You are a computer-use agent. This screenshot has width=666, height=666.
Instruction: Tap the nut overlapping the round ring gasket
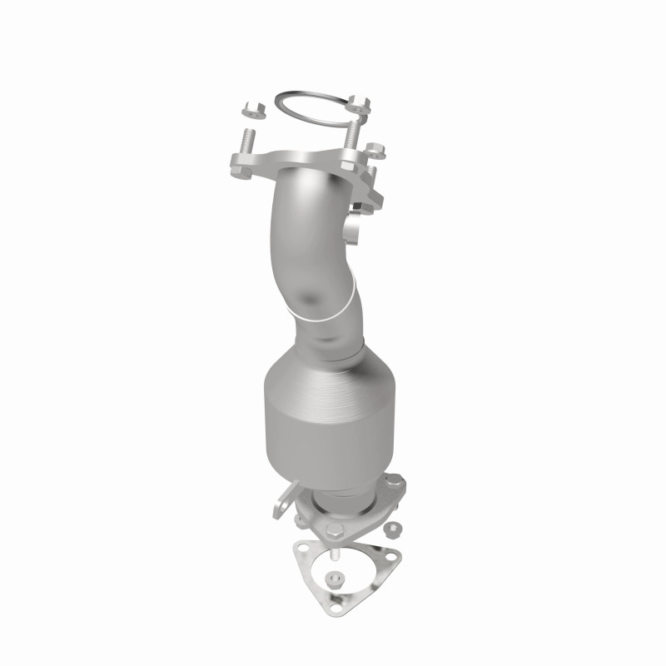pyautogui.click(x=359, y=105)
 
